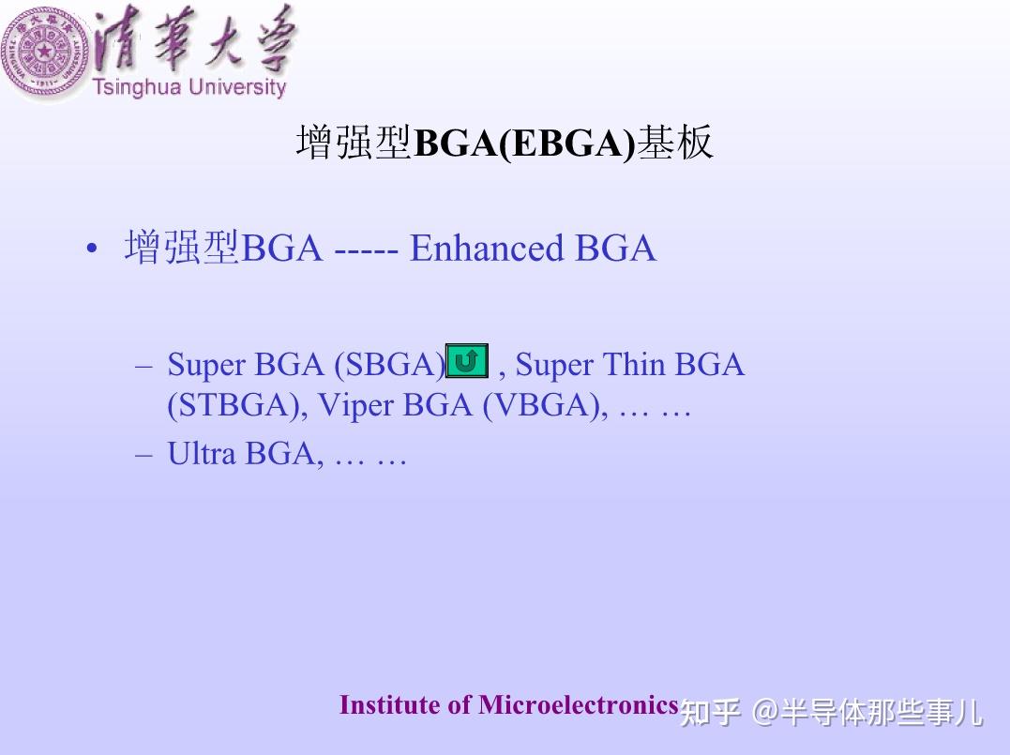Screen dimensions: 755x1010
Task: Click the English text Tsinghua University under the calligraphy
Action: pyautogui.click(x=188, y=87)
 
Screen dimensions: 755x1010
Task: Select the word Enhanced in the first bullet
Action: pyautogui.click(x=486, y=249)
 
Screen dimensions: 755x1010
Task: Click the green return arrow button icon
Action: pyautogui.click(x=468, y=361)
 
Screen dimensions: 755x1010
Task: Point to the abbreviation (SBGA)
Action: pyautogui.click(x=390, y=364)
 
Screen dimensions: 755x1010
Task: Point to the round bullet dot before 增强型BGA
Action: pyautogui.click(x=91, y=250)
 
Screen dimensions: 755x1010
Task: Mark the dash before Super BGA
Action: pyautogui.click(x=143, y=365)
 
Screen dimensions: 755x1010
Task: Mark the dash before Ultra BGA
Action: pyautogui.click(x=143, y=454)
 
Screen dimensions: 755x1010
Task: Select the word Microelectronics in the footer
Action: pyautogui.click(x=578, y=705)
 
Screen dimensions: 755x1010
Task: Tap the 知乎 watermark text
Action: pyautogui.click(x=710, y=713)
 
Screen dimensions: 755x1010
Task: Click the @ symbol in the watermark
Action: pyautogui.click(x=766, y=713)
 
